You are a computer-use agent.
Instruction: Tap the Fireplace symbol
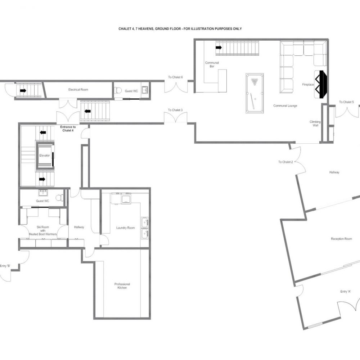[x=321, y=84]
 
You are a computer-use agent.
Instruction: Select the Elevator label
[x=44, y=156]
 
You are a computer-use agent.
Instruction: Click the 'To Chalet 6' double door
[x=176, y=87]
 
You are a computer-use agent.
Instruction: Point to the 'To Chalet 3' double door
[x=176, y=118]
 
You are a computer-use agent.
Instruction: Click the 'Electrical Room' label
[x=78, y=90]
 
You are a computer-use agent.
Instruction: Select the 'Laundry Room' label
[x=125, y=228]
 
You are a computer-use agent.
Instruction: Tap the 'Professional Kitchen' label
[x=122, y=286]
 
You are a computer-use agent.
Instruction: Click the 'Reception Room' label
[x=341, y=239]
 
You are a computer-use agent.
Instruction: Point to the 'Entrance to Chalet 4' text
[x=68, y=129]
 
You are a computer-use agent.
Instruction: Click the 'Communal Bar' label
[x=212, y=64]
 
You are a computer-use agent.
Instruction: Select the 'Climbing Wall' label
[x=315, y=124]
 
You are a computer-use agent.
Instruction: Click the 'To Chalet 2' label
[x=285, y=162]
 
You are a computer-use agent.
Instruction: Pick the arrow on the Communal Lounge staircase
[x=219, y=47]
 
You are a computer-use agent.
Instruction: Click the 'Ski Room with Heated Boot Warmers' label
[x=43, y=230]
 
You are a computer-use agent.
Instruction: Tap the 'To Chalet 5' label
[x=346, y=102]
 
